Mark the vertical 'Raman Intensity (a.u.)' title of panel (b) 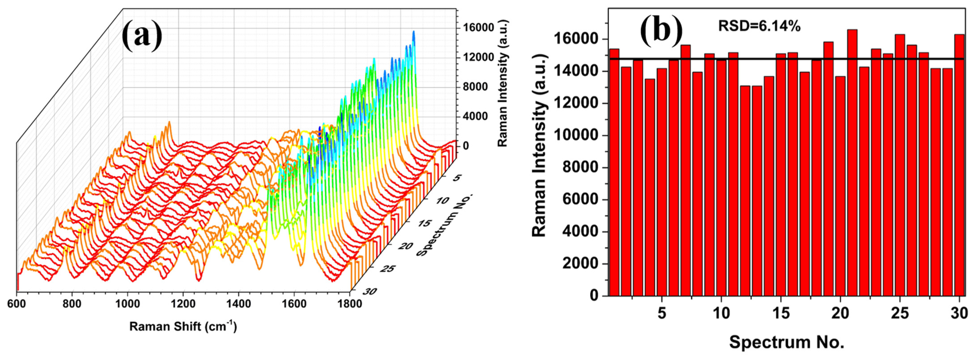(x=540, y=146)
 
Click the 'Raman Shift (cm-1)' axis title (x=183, y=326)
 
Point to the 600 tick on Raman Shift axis (x=17, y=304)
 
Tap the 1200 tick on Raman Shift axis (x=183, y=304)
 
